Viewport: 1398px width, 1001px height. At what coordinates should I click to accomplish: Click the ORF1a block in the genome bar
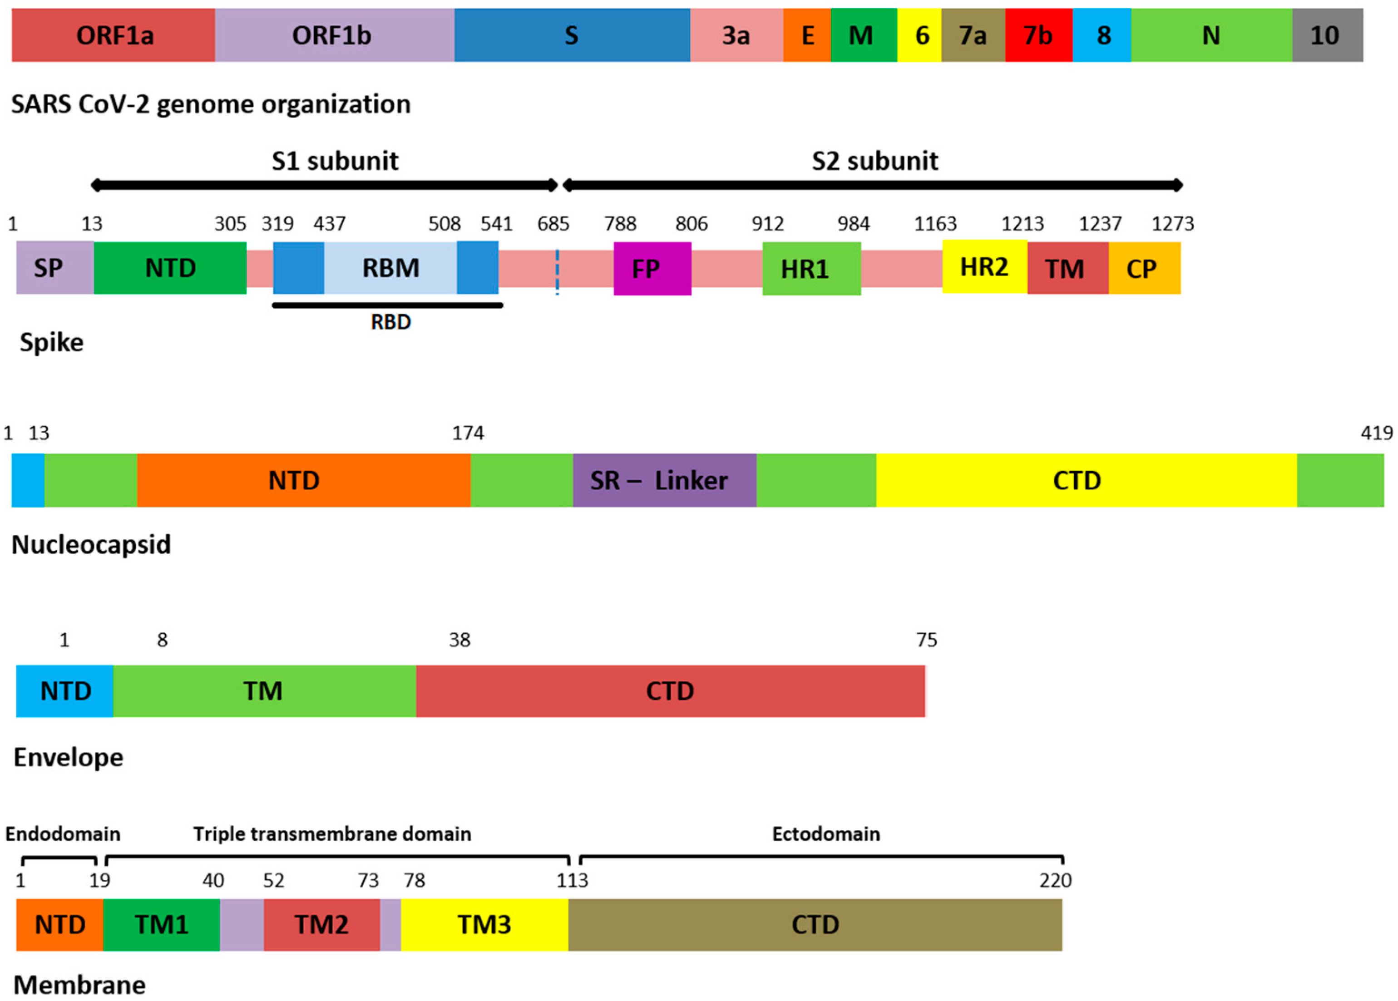114,35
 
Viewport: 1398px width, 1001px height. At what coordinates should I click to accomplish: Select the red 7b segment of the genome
1039,35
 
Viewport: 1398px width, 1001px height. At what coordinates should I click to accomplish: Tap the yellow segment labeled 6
920,35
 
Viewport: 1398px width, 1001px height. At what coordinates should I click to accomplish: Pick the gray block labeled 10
1327,35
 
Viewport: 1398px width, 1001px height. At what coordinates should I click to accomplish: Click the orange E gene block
807,35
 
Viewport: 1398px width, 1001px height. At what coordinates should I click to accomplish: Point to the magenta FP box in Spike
652,269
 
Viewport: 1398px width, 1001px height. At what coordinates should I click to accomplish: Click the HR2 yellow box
984,267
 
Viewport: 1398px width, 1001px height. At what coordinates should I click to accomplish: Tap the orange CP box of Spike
1144,269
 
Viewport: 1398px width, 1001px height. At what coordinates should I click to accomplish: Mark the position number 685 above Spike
553,224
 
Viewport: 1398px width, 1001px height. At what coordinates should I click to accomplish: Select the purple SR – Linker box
664,481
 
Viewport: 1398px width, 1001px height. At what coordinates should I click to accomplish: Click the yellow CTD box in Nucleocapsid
1086,481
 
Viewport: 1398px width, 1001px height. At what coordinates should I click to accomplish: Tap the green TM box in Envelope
264,691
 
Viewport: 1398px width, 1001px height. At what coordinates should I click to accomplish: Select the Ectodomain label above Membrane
825,834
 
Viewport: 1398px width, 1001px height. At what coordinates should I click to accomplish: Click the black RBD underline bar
388,305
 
